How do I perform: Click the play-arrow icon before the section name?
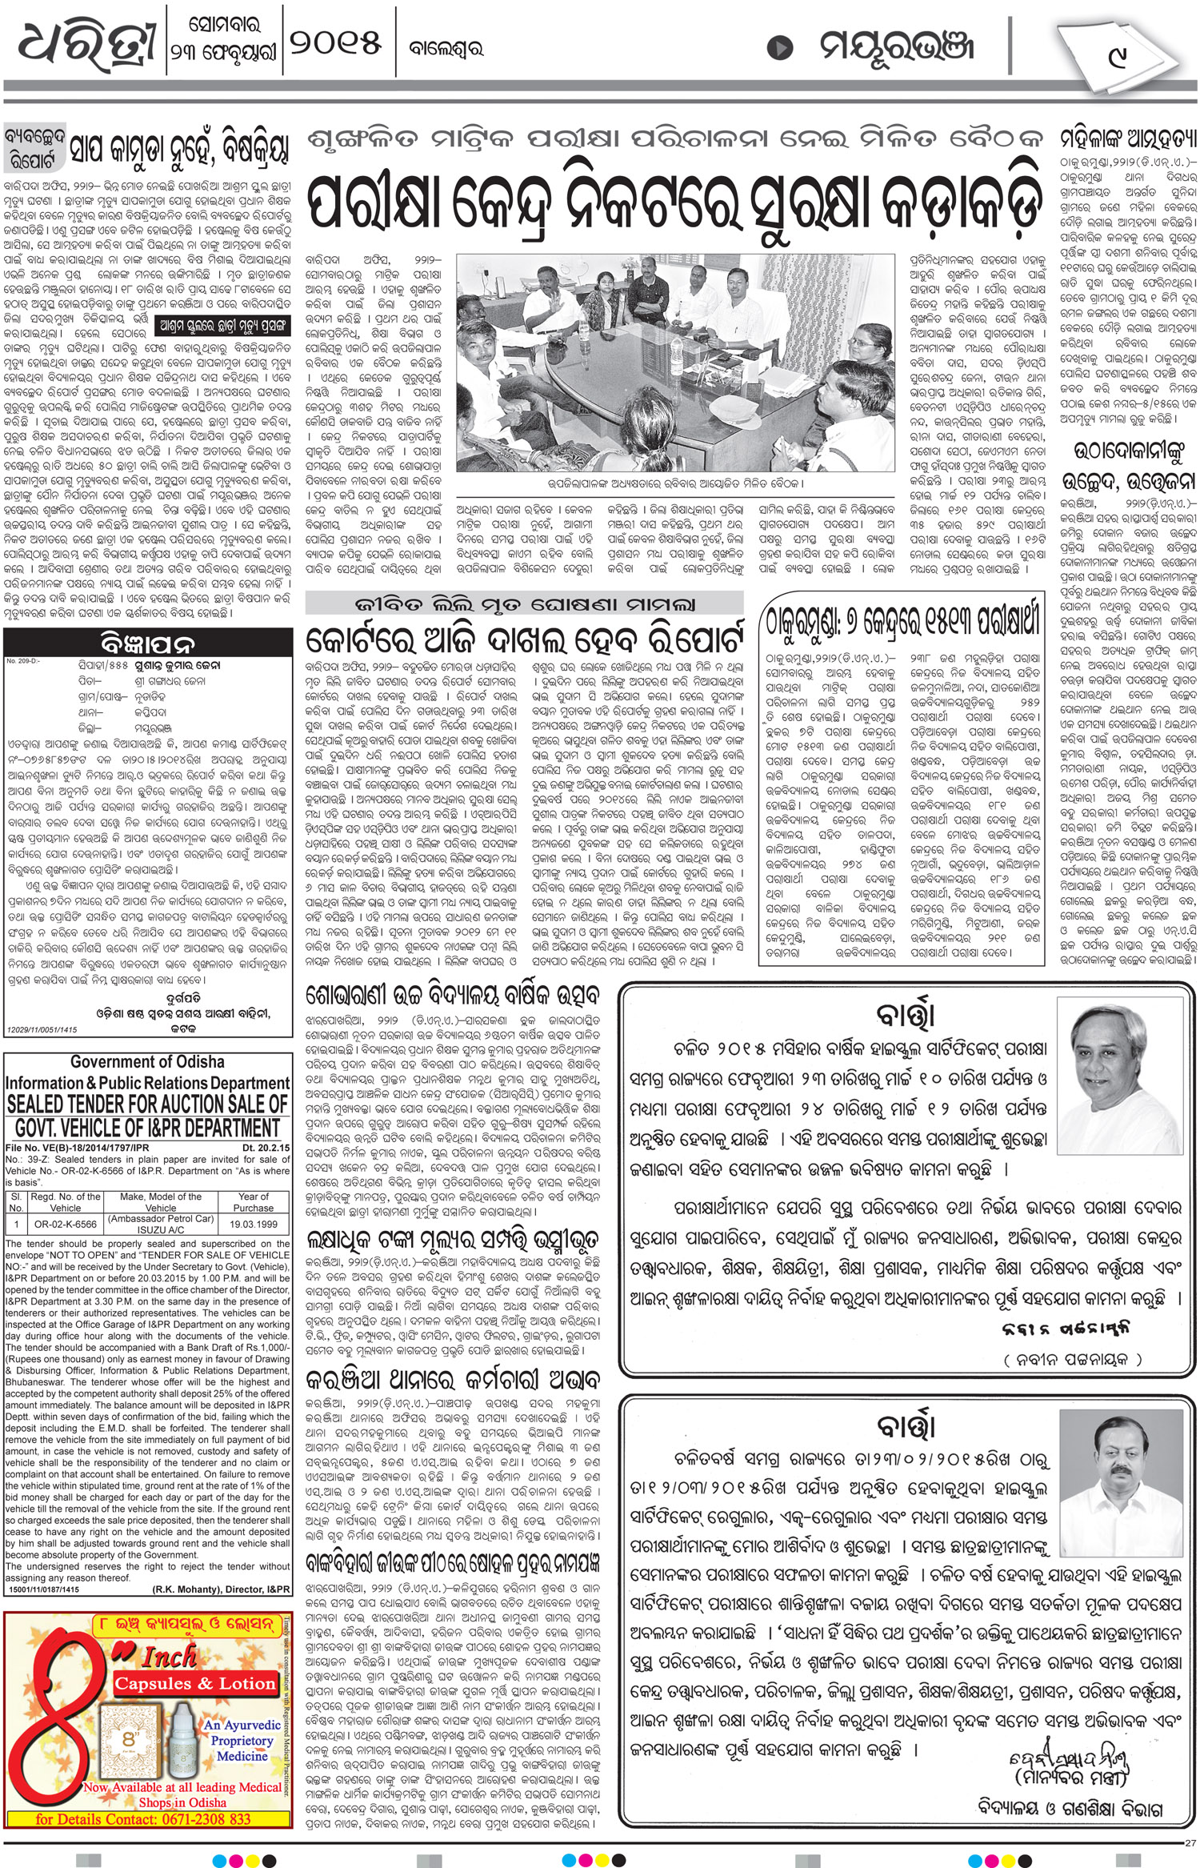(779, 48)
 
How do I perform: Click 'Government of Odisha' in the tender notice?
(147, 1062)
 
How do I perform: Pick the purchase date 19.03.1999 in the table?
(253, 1225)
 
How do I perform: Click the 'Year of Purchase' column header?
(253, 1202)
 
